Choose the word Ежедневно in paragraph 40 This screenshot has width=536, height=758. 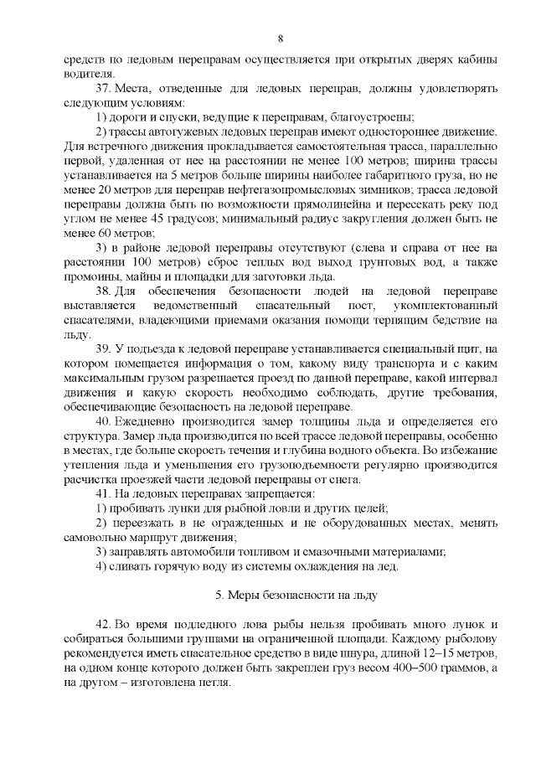[152, 419]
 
